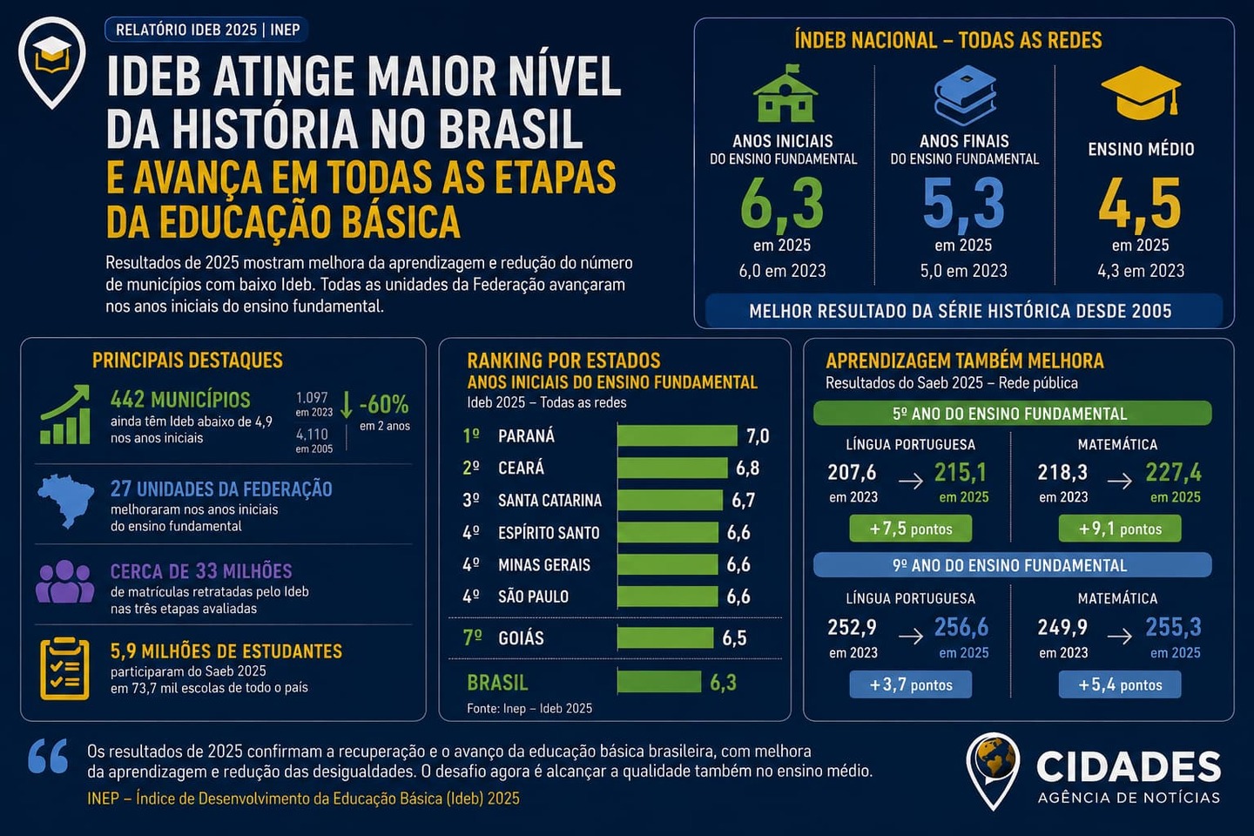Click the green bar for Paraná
click(x=678, y=435)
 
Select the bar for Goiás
click(x=665, y=637)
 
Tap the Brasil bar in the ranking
click(x=659, y=682)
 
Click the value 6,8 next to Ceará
click(x=747, y=468)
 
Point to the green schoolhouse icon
click(x=785, y=93)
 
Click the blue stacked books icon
click(x=965, y=95)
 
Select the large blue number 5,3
click(x=963, y=205)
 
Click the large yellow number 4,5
click(x=1140, y=205)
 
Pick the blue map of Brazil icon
click(x=65, y=501)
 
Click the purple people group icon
click(x=65, y=582)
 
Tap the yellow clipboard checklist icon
click(x=65, y=668)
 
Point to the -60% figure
click(x=384, y=404)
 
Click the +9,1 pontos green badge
click(x=1120, y=529)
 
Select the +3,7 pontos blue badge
click(x=910, y=684)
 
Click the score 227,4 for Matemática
click(x=1173, y=472)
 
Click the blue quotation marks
click(x=48, y=756)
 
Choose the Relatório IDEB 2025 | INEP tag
click(x=207, y=30)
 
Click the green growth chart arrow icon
click(x=65, y=415)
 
